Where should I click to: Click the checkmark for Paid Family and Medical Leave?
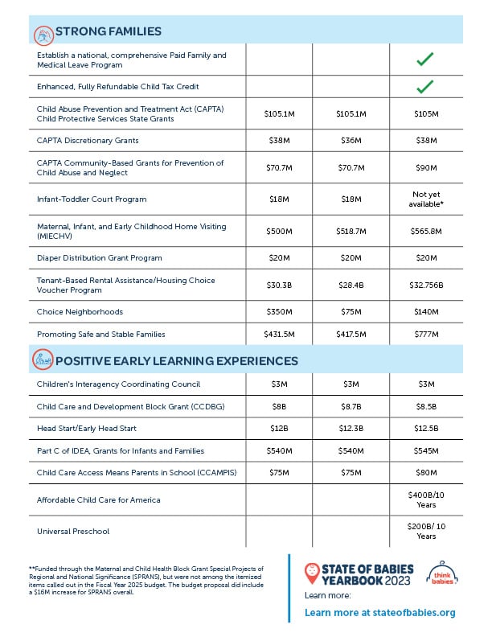click(426, 59)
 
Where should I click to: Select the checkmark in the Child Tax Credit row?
click(426, 85)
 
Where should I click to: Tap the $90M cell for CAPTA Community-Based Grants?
click(426, 168)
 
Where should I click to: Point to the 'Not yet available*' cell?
click(426, 199)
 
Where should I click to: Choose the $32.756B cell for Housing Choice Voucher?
click(426, 285)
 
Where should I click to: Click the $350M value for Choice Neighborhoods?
click(279, 311)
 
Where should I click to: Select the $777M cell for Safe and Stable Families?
click(426, 334)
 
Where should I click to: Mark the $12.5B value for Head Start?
click(426, 429)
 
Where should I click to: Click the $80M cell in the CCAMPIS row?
click(426, 473)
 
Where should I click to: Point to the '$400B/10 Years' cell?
click(426, 499)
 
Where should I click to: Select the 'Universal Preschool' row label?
click(73, 532)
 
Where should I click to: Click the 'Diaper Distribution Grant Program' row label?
click(99, 258)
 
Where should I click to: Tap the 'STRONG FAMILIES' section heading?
click(109, 31)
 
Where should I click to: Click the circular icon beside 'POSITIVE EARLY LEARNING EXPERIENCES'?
click(42, 360)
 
